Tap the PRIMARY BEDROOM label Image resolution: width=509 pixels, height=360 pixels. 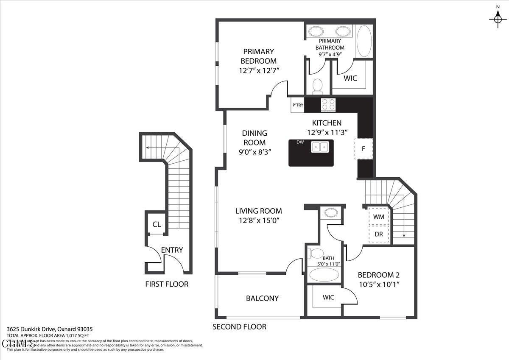pos(258,56)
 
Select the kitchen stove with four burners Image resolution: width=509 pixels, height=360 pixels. pos(328,104)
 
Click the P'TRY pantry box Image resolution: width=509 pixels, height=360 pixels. pos(297,105)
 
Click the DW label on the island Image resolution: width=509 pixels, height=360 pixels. pos(300,142)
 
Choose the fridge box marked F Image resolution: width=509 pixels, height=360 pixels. pos(364,149)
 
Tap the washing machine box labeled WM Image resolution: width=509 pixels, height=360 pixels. pos(379,217)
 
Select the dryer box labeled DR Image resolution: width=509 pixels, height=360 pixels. pos(379,234)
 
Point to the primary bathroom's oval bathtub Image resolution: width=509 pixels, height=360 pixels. pos(364,41)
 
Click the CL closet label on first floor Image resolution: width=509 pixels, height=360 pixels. pos(157,224)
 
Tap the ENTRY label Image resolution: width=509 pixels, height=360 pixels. pos(172,250)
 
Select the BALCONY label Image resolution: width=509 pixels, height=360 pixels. pos(262,299)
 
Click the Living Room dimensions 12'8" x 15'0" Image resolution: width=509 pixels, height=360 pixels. pos(258,220)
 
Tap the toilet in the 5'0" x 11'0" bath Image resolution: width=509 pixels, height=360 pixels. pos(315,254)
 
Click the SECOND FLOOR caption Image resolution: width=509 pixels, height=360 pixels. pos(239,327)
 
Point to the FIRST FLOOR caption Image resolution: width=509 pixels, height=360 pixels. pos(167,284)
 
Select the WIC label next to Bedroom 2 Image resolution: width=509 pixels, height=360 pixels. pos(328,297)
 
